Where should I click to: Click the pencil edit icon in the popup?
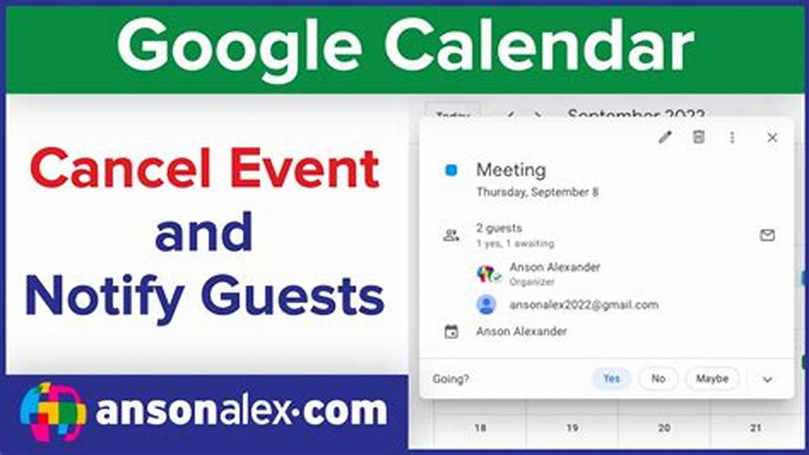pos(665,137)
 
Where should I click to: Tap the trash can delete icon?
pos(698,137)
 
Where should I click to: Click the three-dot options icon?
pos(732,137)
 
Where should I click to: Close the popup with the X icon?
pos(772,137)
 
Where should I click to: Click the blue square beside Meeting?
pos(451,170)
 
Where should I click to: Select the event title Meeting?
pos(511,170)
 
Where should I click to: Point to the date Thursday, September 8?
pos(537,192)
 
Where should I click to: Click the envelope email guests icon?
pos(767,235)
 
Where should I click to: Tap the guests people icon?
pos(451,236)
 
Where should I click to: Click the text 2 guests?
pos(499,228)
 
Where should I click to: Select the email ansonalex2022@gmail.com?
pos(583,305)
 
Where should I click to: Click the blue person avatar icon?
pos(486,305)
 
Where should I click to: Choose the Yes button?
pos(611,379)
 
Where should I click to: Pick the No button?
pos(658,379)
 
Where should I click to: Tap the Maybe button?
pos(712,379)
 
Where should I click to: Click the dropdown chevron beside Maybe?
pos(767,379)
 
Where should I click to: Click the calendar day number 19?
pos(572,428)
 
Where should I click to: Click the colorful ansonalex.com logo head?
pos(53,411)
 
